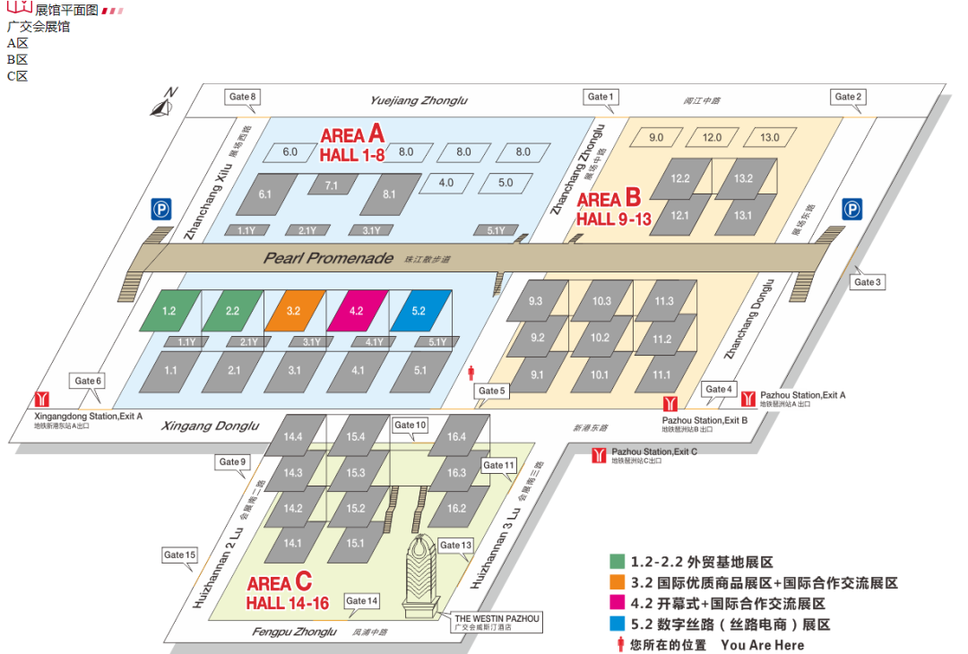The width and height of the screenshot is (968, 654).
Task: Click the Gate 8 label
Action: click(242, 97)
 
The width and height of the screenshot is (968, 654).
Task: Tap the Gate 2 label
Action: click(847, 97)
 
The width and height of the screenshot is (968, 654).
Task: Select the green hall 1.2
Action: click(169, 311)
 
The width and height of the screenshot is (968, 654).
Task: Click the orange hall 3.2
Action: click(293, 311)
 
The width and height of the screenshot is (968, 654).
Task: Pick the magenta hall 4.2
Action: click(356, 311)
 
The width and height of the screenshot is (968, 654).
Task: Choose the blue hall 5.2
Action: click(419, 311)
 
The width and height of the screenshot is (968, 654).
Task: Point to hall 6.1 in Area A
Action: click(264, 194)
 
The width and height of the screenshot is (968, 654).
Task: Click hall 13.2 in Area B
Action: click(743, 178)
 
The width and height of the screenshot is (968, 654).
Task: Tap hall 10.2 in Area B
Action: click(600, 338)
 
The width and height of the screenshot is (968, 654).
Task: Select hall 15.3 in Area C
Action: click(355, 472)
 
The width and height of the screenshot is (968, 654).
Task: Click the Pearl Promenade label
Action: click(328, 258)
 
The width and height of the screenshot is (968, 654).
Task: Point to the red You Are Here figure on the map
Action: click(472, 372)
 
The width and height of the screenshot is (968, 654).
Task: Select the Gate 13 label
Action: click(455, 546)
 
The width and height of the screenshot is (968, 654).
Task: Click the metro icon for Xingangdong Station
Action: click(39, 400)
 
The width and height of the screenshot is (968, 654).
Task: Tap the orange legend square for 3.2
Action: click(617, 582)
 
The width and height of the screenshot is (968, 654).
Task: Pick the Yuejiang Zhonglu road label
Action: click(419, 101)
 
